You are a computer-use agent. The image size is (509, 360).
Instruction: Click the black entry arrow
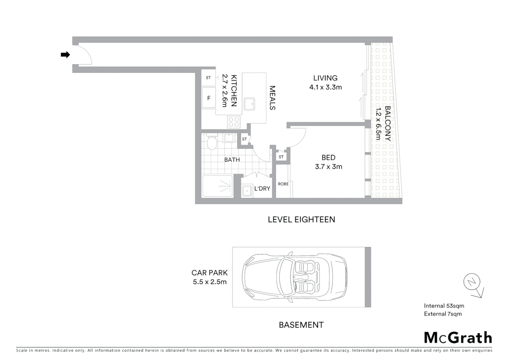click(x=65, y=55)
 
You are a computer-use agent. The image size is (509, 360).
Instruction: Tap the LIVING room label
click(x=325, y=78)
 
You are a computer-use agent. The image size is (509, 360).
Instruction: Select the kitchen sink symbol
click(x=249, y=104)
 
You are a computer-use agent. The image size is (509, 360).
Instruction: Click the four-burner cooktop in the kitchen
click(x=234, y=122)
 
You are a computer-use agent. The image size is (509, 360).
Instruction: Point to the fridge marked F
click(x=209, y=98)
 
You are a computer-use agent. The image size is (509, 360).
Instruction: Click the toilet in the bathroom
click(x=212, y=142)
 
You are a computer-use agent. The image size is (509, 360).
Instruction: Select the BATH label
click(x=232, y=160)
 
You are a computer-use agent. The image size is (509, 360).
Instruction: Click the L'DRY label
click(x=262, y=189)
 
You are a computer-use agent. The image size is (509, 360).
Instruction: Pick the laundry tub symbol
click(x=247, y=191)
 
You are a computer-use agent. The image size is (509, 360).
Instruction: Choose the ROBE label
click(x=283, y=184)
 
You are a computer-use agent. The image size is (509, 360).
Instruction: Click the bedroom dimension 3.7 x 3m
click(x=328, y=167)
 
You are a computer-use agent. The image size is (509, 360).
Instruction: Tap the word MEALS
click(x=272, y=98)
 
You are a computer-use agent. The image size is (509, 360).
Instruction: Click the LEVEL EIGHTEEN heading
click(x=301, y=220)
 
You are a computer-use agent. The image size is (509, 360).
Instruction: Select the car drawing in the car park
click(x=295, y=277)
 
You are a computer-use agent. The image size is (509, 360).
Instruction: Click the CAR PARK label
click(x=210, y=273)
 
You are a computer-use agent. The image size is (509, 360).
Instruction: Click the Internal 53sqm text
click(x=444, y=306)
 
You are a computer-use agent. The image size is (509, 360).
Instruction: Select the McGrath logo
click(x=458, y=338)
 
